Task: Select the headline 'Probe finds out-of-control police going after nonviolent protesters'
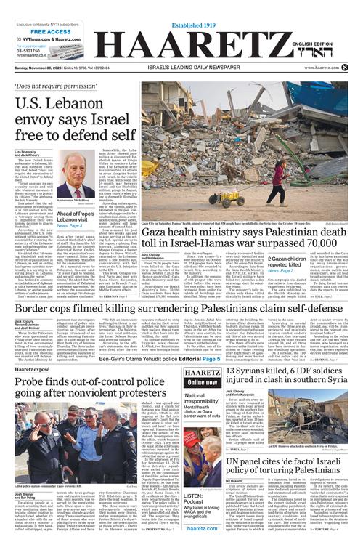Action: tap(84, 393)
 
